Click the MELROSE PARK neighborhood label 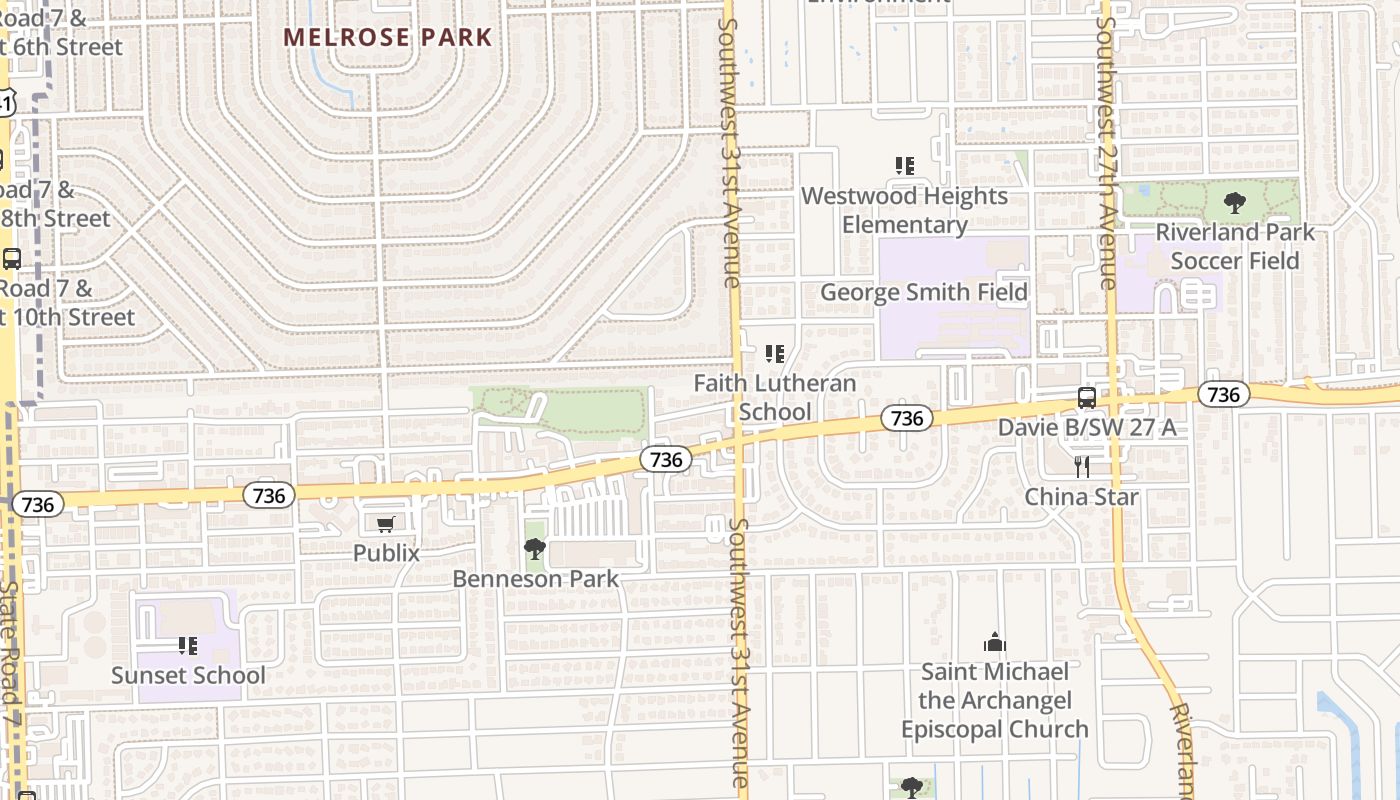pos(388,38)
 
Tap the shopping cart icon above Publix pos(386,524)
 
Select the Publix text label pos(386,553)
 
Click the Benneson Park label pos(536,579)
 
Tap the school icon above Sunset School pos(188,646)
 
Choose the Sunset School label pos(188,675)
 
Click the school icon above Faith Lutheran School pos(774,354)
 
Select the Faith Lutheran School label pos(775,397)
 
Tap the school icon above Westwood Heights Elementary pos(905,166)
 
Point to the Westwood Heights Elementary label pos(904,210)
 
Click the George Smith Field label pos(924,292)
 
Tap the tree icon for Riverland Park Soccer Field pos(1235,203)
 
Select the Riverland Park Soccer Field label pos(1235,246)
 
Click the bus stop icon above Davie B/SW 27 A pos(1087,398)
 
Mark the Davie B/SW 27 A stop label pos(1087,428)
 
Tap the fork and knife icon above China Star pos(1081,467)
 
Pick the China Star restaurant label pos(1081,497)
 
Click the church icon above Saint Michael pos(994,642)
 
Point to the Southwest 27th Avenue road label pos(1106,150)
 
